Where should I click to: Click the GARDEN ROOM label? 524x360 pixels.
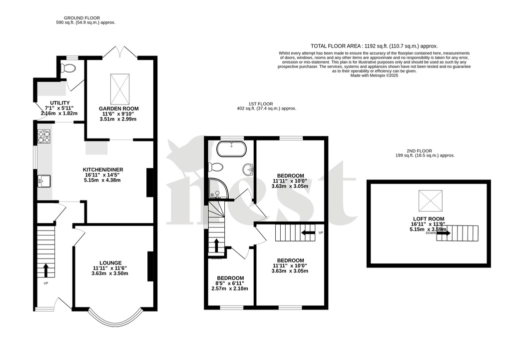click(x=118, y=108)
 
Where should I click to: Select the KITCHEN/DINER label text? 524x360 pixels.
click(x=102, y=170)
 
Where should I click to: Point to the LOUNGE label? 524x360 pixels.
click(x=110, y=262)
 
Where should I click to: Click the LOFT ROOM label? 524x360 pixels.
click(x=425, y=218)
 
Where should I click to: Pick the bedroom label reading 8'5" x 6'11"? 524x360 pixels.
click(x=230, y=278)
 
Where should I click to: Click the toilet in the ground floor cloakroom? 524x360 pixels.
click(x=67, y=68)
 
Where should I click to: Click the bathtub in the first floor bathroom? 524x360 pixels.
click(x=231, y=148)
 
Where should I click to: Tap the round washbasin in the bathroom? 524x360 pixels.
click(x=248, y=170)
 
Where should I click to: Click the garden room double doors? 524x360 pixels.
click(x=120, y=52)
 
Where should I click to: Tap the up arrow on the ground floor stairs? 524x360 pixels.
click(x=46, y=270)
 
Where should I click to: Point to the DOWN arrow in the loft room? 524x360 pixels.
click(x=444, y=233)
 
